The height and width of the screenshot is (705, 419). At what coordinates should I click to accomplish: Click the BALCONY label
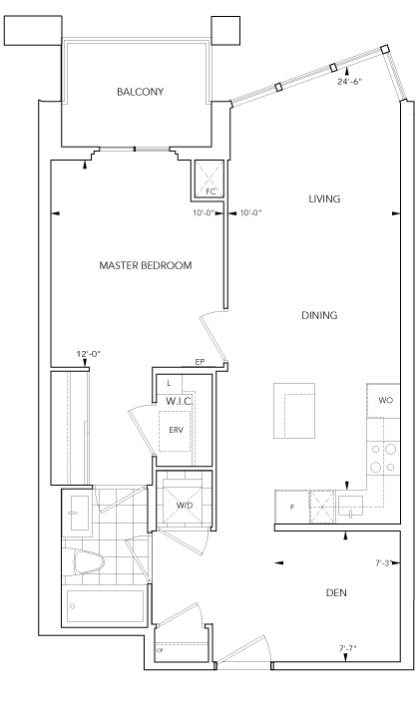[x=140, y=92]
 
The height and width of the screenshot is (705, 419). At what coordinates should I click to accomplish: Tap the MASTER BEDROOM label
[x=146, y=265]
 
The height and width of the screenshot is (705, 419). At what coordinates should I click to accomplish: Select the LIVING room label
[x=324, y=198]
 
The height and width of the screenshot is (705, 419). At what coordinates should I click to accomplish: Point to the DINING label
[x=319, y=315]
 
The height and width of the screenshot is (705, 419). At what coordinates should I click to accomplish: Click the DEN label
[x=336, y=592]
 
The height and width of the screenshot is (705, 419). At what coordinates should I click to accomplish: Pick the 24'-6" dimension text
[x=350, y=82]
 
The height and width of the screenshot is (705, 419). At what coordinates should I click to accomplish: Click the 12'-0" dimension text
[x=88, y=354]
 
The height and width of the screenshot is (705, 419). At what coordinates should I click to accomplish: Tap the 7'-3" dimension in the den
[x=384, y=562]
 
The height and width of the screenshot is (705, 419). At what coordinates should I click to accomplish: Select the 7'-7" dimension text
[x=348, y=648]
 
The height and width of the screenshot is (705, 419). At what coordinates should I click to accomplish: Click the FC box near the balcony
[x=209, y=178]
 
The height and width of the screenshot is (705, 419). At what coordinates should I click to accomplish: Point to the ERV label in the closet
[x=176, y=430]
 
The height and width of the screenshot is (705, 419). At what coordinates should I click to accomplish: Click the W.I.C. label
[x=180, y=401]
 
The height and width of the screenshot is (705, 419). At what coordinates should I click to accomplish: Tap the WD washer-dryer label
[x=185, y=506]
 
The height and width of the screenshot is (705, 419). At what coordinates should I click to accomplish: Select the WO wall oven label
[x=385, y=400]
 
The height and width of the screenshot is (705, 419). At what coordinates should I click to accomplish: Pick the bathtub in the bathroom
[x=105, y=606]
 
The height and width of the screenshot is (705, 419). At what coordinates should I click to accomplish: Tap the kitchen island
[x=294, y=411]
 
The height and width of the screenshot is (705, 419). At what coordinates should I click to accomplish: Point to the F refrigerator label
[x=292, y=508]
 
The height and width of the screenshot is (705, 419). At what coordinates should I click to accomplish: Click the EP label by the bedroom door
[x=200, y=362]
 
